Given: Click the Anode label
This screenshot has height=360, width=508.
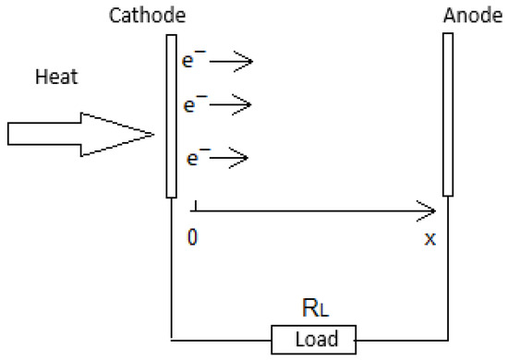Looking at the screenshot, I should (475, 17).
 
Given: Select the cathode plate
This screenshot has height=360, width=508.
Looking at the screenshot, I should (172, 115).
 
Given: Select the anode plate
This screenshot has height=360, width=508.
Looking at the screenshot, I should (448, 115).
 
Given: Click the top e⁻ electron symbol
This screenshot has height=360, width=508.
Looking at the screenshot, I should (194, 62).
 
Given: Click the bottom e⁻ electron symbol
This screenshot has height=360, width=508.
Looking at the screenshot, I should (194, 157).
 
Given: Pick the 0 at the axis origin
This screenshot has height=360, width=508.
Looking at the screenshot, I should (191, 236).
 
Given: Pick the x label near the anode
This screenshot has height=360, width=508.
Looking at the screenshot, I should (429, 238).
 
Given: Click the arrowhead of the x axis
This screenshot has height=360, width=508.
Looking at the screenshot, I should (428, 210).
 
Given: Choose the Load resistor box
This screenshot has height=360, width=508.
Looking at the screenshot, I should (317, 339).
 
